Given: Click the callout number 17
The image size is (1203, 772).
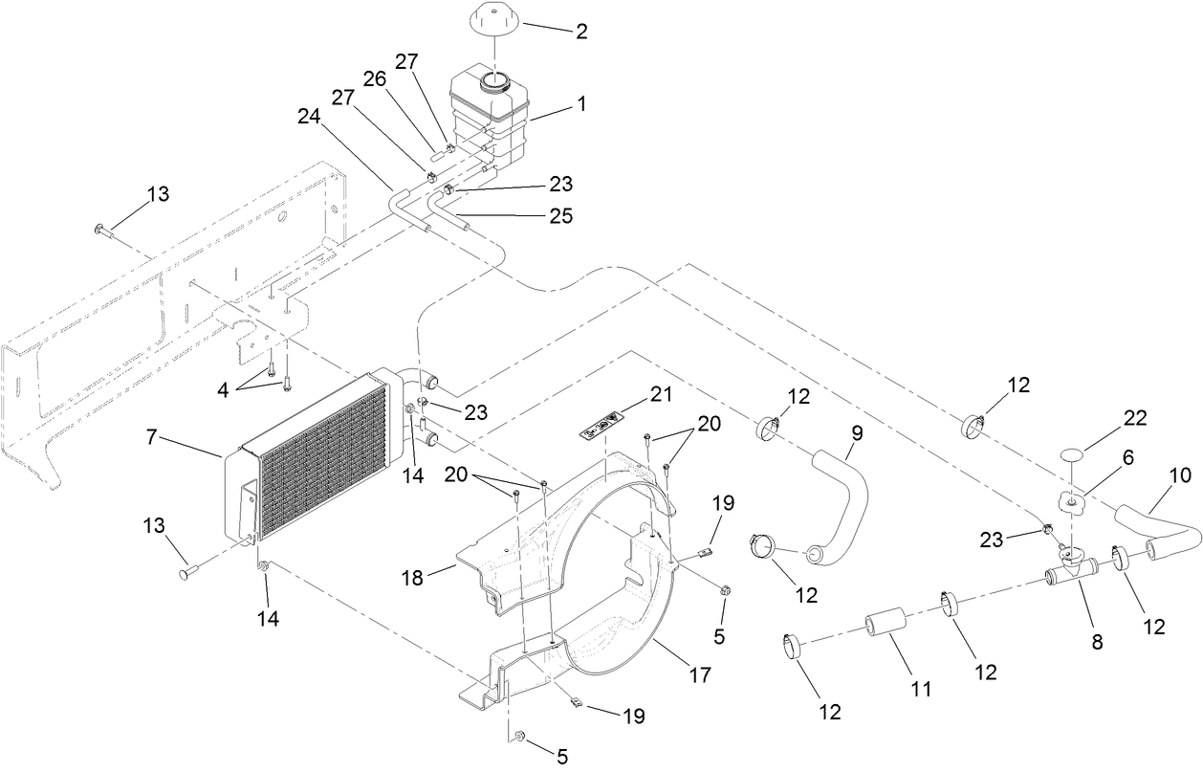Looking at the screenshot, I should pyautogui.click(x=700, y=674).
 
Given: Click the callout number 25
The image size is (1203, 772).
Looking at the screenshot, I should pyautogui.click(x=559, y=216).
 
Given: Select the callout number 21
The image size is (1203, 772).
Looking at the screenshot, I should pyautogui.click(x=635, y=394).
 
